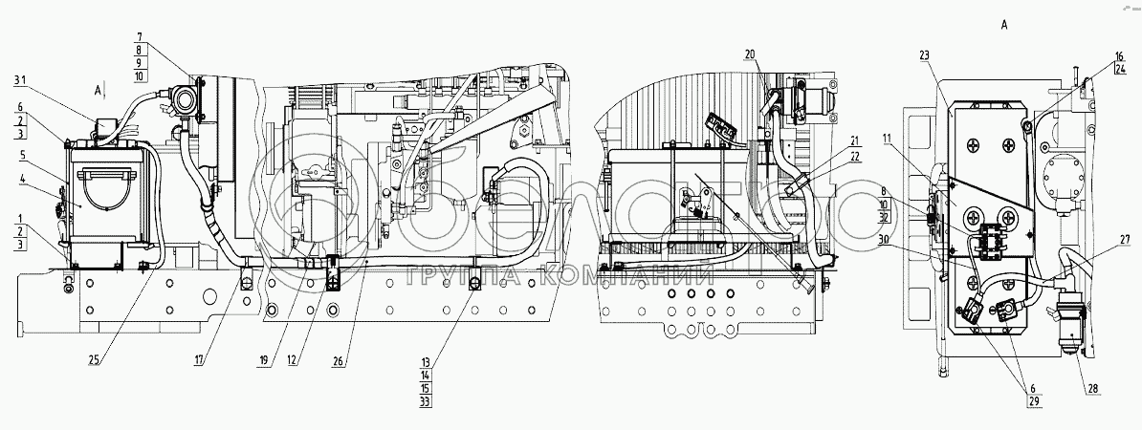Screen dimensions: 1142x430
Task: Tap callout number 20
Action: [x=749, y=53]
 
